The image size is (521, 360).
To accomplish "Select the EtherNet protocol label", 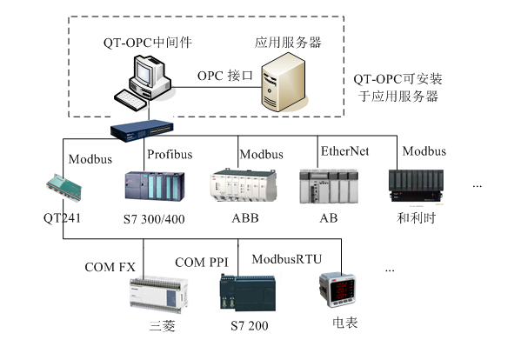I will coord(344,152).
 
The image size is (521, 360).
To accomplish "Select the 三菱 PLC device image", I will coord(153,293).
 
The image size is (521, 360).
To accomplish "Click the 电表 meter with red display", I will coord(338,291).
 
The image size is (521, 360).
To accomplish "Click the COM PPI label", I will coord(203,262).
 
